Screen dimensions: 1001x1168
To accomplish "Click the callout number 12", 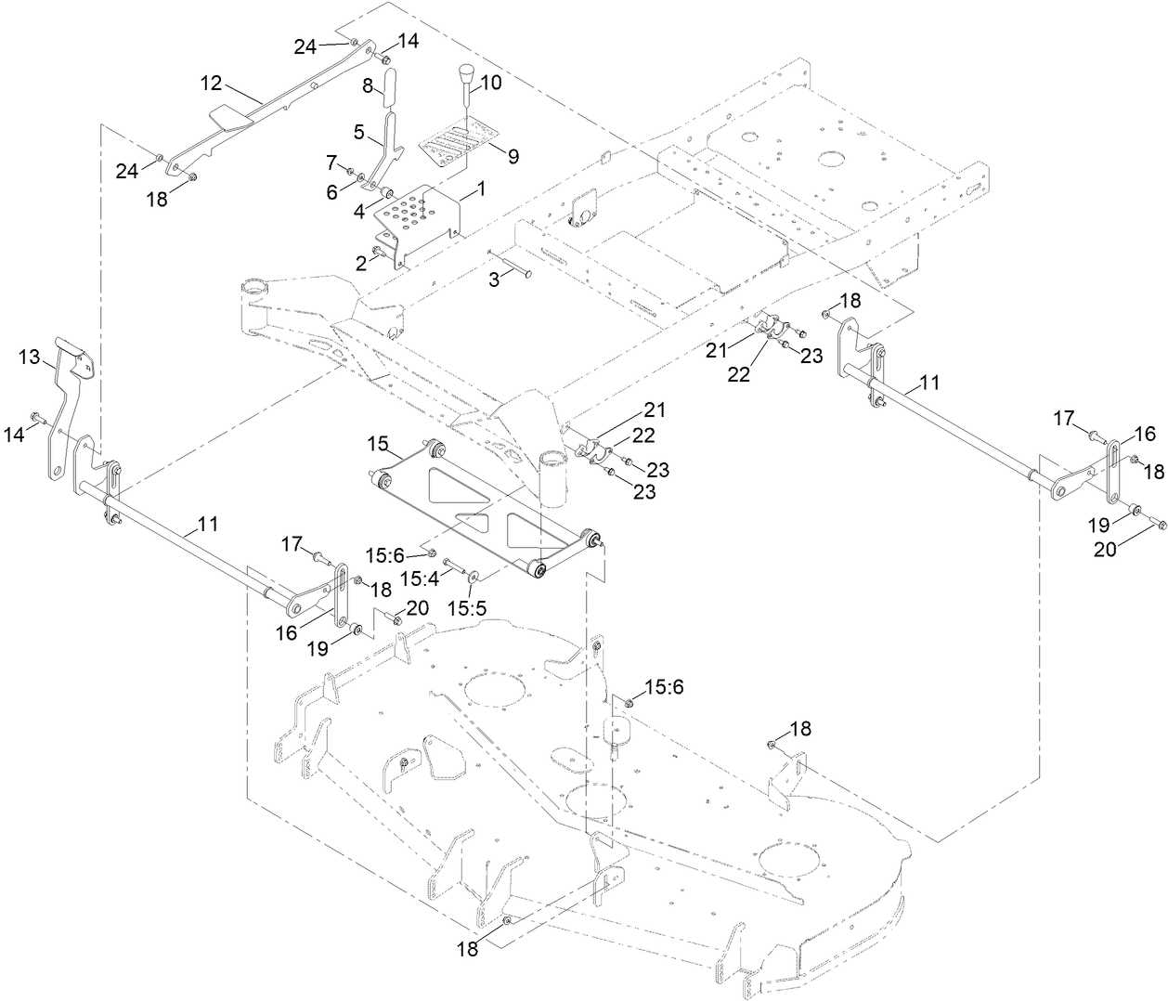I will pyautogui.click(x=211, y=84).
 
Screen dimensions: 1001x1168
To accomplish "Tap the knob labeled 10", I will pyautogui.click(x=466, y=71).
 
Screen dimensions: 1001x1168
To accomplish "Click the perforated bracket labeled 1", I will pyautogui.click(x=418, y=216).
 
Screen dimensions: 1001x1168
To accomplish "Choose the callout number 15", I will pyautogui.click(x=377, y=445).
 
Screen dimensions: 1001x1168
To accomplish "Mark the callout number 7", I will pyautogui.click(x=331, y=162).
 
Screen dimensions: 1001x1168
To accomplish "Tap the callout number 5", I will pyautogui.click(x=359, y=131).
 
